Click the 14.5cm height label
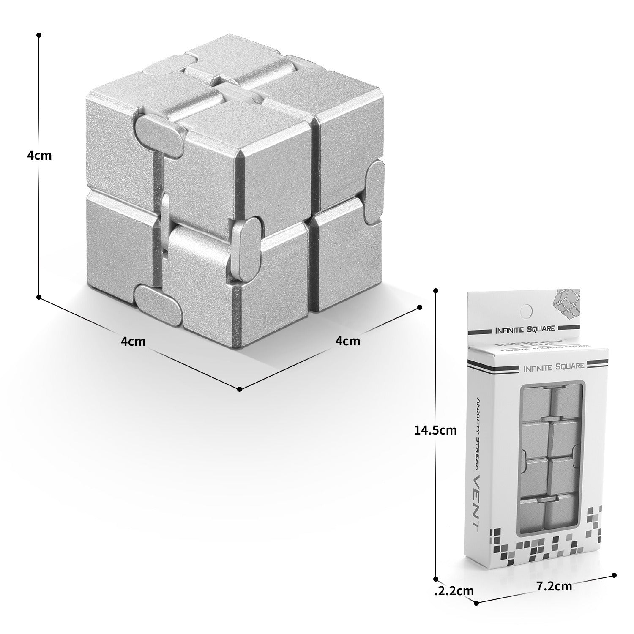435,430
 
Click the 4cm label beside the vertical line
39,155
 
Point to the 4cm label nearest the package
348,341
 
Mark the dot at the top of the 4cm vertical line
39,35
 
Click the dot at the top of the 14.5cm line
436,290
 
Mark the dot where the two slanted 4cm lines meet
239,389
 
